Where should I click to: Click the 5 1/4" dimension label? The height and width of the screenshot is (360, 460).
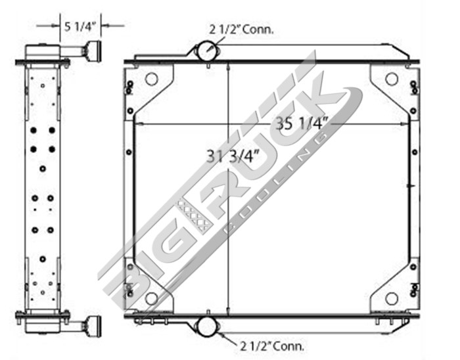(x=81, y=26)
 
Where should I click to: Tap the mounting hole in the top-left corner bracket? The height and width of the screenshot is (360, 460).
(x=151, y=79)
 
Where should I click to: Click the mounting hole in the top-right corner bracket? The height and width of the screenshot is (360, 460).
(x=391, y=79)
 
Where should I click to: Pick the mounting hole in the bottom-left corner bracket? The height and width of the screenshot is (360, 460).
(x=151, y=298)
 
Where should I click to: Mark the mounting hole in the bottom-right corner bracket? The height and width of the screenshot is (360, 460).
(x=391, y=298)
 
